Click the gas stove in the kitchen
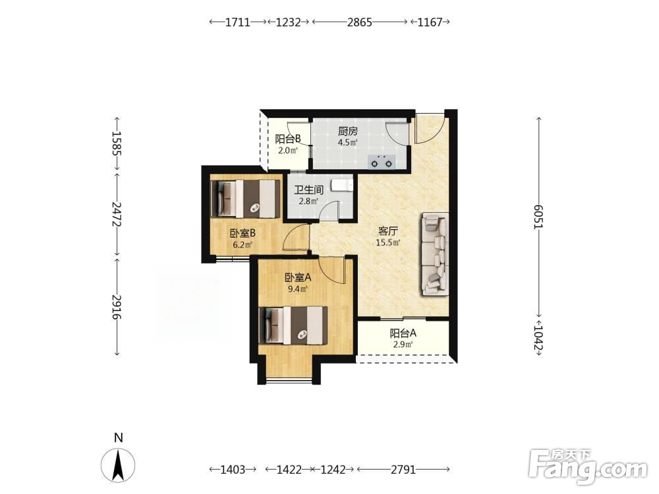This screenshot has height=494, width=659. (382, 162)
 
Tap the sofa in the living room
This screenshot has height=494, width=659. (434, 254)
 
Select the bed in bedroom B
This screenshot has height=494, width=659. (245, 199)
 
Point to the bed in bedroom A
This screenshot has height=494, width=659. (293, 325)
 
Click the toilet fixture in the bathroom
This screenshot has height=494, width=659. (341, 185)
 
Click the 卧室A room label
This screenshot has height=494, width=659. (298, 278)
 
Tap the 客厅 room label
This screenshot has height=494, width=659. (388, 231)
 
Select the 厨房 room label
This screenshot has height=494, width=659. (347, 132)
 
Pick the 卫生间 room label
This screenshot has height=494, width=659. (308, 190)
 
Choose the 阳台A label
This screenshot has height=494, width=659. (403, 333)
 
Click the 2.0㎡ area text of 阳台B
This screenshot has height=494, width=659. (287, 150)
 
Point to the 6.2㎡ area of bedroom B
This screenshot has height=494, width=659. (243, 245)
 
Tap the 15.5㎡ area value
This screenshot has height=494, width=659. (388, 242)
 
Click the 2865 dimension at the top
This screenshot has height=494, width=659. (359, 22)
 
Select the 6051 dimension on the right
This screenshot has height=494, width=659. (538, 217)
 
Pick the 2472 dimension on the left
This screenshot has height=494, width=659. (117, 214)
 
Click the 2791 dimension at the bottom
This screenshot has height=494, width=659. (403, 469)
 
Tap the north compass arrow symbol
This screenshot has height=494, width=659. (118, 465)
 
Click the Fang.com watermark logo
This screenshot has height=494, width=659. (588, 466)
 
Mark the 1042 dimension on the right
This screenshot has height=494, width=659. (538, 337)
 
